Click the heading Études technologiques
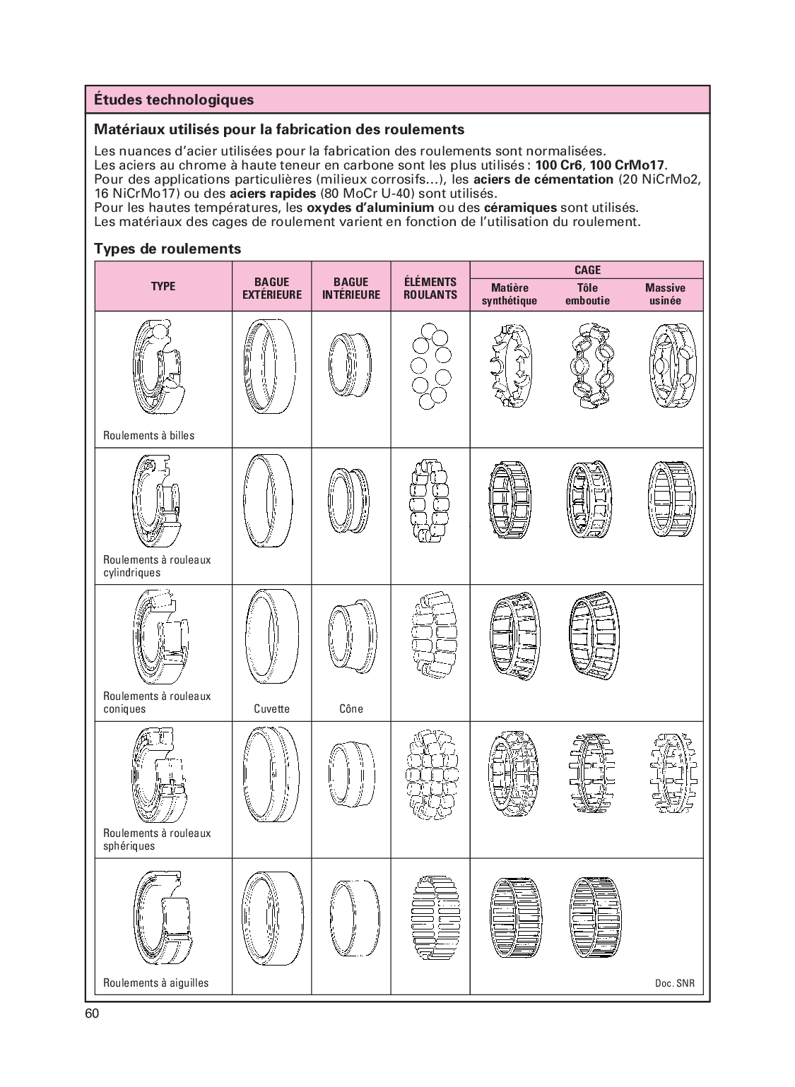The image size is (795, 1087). pos(174,100)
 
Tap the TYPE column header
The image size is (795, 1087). pos(163,286)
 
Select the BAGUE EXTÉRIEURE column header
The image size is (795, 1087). pos(272,288)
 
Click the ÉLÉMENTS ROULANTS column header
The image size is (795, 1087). pos(430,288)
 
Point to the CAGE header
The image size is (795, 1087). pos(587,270)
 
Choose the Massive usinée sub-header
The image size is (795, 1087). pos(664,294)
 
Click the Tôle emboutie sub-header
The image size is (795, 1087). pos(587,294)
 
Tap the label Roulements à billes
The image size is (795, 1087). pos(148,436)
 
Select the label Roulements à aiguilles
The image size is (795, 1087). pos(155,982)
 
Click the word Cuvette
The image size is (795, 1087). pos(271,708)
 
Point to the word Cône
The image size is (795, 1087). pos(351,708)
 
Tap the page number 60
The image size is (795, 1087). pos(92,1014)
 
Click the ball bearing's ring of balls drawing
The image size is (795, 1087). pos(430,366)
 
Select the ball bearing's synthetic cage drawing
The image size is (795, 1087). pos(509,366)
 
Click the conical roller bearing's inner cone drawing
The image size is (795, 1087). pos(351,636)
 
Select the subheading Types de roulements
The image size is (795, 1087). pos(167,249)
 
